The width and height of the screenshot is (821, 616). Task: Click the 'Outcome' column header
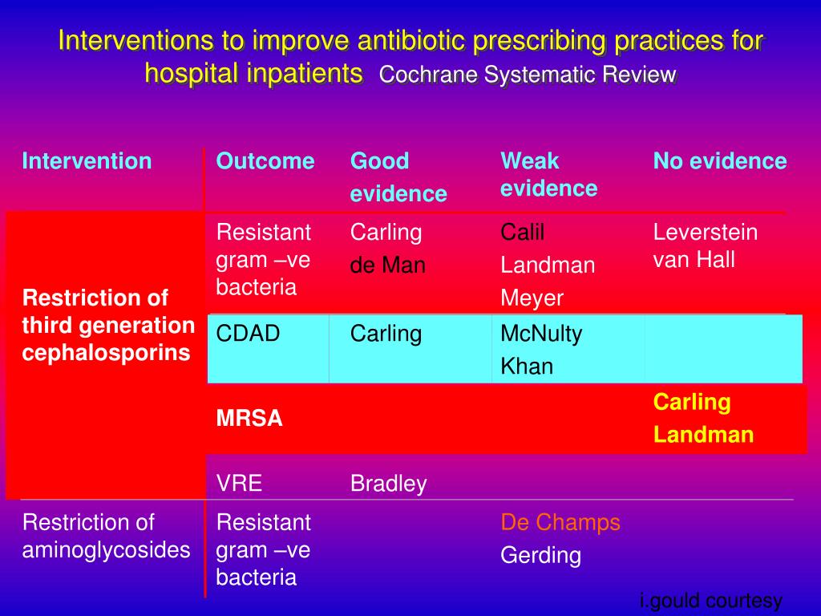[265, 161]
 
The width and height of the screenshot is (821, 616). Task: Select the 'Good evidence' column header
[398, 177]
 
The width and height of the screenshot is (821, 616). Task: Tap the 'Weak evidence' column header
[548, 175]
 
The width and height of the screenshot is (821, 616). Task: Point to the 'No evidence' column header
[719, 161]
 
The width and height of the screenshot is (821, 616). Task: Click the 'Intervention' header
[87, 161]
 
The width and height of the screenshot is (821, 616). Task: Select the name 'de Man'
[387, 265]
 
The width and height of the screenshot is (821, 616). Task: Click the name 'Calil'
[522, 233]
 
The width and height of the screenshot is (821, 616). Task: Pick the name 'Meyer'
[532, 298]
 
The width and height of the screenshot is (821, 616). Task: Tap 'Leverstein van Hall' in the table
[705, 246]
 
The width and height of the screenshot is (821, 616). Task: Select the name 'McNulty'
[541, 334]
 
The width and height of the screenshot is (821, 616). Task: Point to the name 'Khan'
[527, 367]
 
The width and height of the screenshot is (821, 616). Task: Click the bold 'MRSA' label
[249, 419]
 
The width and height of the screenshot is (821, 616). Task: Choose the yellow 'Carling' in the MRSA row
[691, 402]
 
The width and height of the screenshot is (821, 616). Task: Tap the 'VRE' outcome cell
[239, 483]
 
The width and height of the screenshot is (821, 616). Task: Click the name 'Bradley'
[388, 484]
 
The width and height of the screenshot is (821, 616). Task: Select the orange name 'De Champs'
[560, 522]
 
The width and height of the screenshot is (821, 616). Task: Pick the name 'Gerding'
[540, 555]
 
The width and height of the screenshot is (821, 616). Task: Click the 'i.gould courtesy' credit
[710, 602]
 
